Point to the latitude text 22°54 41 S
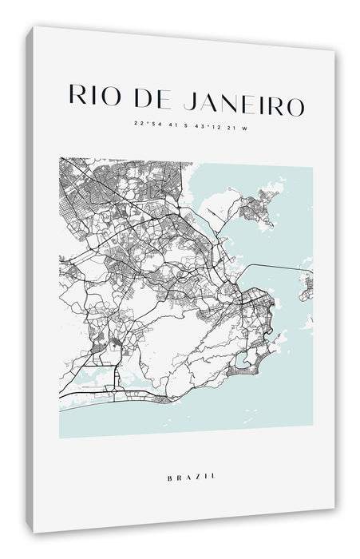(x=158, y=125)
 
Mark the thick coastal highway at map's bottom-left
(x=88, y=394)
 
